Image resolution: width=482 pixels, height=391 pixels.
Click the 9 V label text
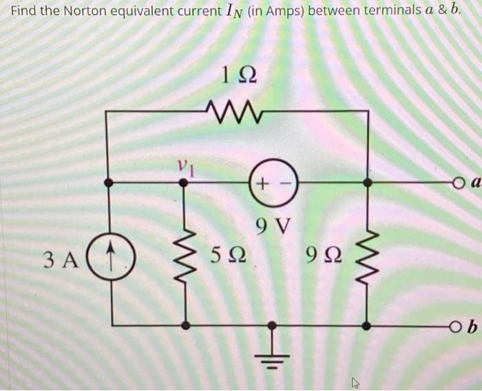click(x=273, y=224)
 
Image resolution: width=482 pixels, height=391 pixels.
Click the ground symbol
click(x=273, y=354)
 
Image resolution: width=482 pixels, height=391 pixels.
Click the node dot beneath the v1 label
click(x=183, y=182)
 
